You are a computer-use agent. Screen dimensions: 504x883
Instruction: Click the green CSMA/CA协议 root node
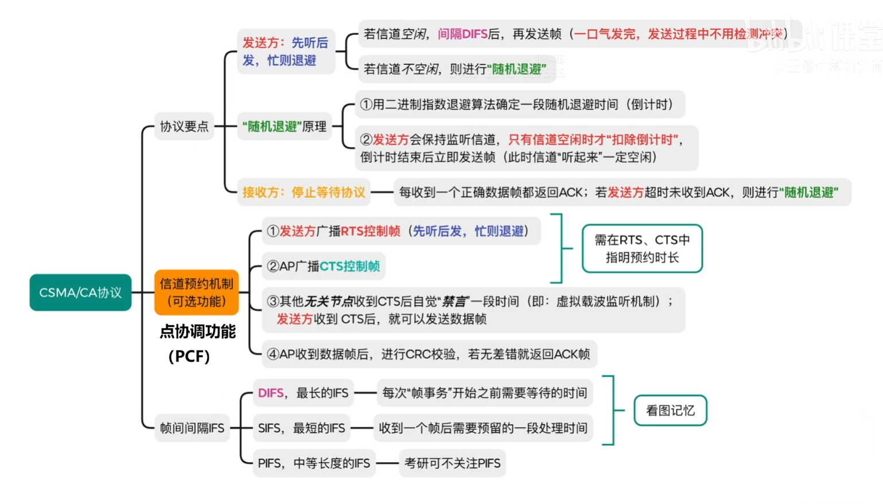click(x=80, y=293)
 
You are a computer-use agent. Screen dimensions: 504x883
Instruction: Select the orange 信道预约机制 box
click(x=196, y=292)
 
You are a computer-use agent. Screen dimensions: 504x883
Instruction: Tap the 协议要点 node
click(x=184, y=126)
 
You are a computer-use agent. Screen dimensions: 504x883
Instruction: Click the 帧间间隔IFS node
click(x=192, y=428)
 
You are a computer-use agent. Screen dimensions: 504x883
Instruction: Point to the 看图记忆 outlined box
click(x=670, y=411)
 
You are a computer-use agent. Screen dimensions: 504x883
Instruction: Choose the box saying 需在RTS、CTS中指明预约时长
click(x=642, y=248)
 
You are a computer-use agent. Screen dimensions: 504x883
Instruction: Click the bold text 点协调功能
click(x=197, y=331)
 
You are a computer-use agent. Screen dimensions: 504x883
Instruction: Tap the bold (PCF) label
click(x=189, y=356)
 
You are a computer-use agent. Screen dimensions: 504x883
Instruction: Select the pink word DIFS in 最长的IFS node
click(x=271, y=393)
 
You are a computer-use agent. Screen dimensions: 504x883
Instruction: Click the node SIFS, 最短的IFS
click(x=302, y=428)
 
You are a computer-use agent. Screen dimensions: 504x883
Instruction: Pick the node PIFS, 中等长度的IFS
click(x=314, y=463)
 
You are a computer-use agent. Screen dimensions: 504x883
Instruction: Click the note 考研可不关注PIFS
click(x=452, y=463)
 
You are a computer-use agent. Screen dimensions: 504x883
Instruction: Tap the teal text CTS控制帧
click(x=349, y=266)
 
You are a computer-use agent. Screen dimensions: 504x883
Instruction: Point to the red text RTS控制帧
click(x=370, y=231)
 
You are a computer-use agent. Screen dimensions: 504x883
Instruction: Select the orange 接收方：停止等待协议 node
click(x=304, y=192)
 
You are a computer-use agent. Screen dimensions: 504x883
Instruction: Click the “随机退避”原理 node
click(x=284, y=126)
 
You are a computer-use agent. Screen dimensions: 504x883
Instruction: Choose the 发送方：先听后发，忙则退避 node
click(x=286, y=51)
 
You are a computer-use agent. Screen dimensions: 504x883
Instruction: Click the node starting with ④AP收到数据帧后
click(x=429, y=354)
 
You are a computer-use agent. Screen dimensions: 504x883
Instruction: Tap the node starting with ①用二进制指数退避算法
click(x=519, y=104)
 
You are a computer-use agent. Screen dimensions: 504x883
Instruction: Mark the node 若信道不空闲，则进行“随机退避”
click(x=454, y=69)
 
